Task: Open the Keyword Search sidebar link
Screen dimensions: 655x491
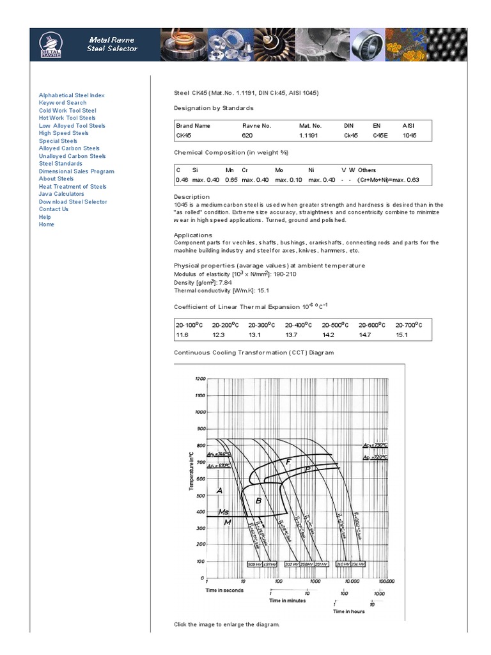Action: (x=63, y=103)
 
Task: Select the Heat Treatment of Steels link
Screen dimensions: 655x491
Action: (x=72, y=187)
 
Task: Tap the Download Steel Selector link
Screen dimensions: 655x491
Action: (x=73, y=202)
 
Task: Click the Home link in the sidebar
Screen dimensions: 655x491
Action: (x=47, y=225)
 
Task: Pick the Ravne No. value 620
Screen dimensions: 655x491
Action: (x=247, y=136)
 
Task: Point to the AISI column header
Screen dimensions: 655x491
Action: (x=408, y=126)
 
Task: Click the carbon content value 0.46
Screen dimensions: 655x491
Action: (x=181, y=180)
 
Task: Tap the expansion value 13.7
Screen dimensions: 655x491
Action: (x=291, y=335)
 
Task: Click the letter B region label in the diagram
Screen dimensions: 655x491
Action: (x=258, y=501)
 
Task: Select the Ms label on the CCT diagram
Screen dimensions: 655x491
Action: (x=224, y=512)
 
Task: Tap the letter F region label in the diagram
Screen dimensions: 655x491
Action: (x=288, y=461)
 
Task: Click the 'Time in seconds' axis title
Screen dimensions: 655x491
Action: (x=224, y=590)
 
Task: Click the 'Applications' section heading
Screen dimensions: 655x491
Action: (x=193, y=235)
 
